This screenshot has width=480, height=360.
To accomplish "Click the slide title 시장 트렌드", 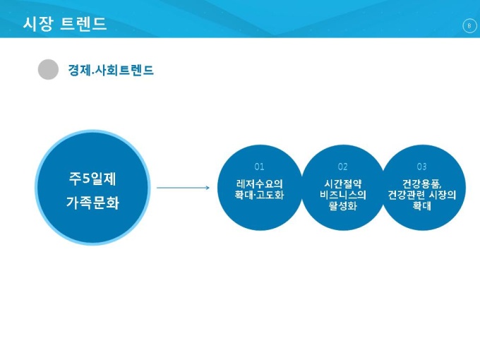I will point(65,24).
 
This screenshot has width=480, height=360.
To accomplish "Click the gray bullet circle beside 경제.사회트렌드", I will point(48,69).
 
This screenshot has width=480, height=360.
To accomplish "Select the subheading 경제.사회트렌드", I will point(111,70).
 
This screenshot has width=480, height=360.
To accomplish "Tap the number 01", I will point(259,167).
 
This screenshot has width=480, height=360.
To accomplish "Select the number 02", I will point(343,167).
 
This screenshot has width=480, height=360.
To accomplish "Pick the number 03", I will point(421,167).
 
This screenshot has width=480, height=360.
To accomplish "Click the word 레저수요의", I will point(259,184).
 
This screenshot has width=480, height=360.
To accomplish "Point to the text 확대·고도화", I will point(259,195).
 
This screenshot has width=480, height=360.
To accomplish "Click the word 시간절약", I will point(343,184).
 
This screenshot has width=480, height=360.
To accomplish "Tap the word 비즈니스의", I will point(343,195).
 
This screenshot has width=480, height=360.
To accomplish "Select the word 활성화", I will point(343,207).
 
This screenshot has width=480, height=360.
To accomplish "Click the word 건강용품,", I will point(422,184).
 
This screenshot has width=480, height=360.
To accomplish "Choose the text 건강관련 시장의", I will point(422,195).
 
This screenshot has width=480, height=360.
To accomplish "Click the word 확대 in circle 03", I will point(422,207).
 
